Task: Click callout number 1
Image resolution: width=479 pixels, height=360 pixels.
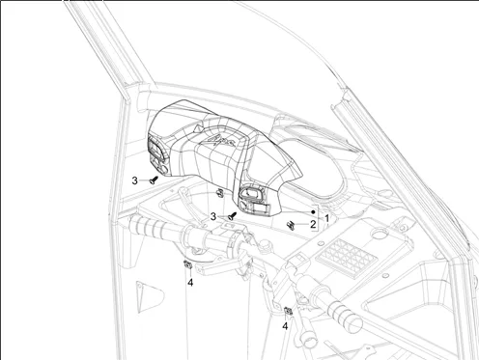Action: (x=326, y=219)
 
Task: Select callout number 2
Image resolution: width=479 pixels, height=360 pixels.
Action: (x=313, y=224)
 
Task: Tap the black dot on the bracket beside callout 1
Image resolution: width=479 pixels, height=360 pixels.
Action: (x=313, y=212)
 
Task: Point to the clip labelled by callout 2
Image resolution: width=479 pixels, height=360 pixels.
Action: (x=291, y=226)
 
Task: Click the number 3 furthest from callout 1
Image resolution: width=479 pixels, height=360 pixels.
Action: (x=134, y=180)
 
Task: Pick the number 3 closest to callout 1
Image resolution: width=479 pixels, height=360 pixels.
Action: (x=213, y=217)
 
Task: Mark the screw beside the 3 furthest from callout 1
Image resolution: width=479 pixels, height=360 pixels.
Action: (x=154, y=180)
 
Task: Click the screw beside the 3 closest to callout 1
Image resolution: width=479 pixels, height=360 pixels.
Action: (x=233, y=216)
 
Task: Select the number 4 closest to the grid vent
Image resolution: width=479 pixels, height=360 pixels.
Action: (x=285, y=326)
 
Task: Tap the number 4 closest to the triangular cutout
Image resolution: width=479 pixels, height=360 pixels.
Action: (x=190, y=283)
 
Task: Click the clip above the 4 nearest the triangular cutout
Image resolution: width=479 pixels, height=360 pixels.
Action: (x=187, y=264)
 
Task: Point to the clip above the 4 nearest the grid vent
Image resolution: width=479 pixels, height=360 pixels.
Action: (x=289, y=311)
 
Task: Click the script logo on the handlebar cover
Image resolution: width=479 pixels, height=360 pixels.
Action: (x=222, y=141)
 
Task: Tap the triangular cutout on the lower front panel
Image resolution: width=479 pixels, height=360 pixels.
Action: (x=149, y=296)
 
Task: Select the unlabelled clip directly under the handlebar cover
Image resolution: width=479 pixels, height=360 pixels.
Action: (x=219, y=193)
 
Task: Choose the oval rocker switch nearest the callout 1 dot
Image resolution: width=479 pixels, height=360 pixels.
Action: (x=251, y=193)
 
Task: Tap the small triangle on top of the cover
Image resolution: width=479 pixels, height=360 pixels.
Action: (x=198, y=127)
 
